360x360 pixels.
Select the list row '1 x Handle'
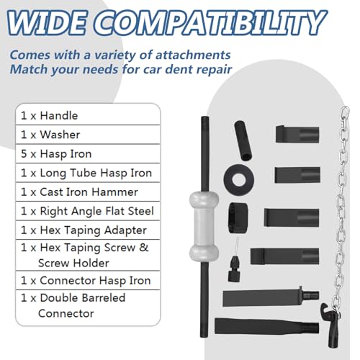88,115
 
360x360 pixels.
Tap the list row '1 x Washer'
88,135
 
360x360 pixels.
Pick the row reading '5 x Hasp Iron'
88,153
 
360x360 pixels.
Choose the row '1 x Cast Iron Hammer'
88,192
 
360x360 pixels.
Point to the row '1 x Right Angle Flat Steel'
88,211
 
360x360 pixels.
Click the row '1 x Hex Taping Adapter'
88,230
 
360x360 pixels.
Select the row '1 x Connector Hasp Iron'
88,280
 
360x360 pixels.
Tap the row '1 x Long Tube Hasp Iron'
88,173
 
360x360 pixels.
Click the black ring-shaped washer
238,179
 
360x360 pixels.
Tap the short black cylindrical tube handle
243,140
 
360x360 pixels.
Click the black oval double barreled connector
238,218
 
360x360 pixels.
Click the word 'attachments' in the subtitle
193,55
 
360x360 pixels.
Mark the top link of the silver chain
345,112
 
